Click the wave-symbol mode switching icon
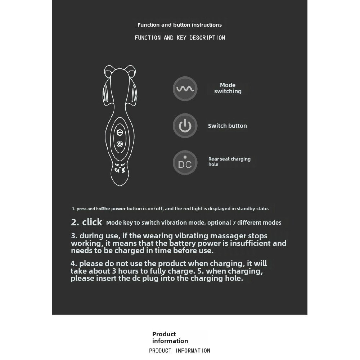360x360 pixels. (185, 89)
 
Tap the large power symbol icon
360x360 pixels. (185, 126)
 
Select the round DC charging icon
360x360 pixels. (185, 163)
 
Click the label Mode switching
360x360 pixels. (228, 88)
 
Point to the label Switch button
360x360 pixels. (227, 126)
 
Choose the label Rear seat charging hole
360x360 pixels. (229, 162)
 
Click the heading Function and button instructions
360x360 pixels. (179, 25)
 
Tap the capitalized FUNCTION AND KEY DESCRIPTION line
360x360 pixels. (180, 38)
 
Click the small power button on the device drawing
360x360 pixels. (120, 144)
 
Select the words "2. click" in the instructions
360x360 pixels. (86, 222)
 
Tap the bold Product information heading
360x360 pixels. (170, 337)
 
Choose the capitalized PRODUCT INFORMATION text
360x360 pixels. (179, 351)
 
